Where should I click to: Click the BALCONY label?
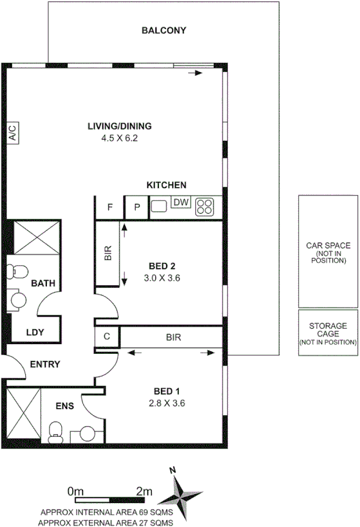(164, 30)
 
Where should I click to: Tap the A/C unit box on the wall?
(12, 133)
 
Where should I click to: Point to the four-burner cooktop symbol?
(205, 206)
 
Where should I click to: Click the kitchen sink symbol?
(159, 207)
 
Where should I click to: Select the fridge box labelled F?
(110, 207)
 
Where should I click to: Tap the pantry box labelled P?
(137, 207)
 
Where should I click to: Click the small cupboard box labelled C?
(107, 337)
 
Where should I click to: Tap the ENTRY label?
(46, 364)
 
